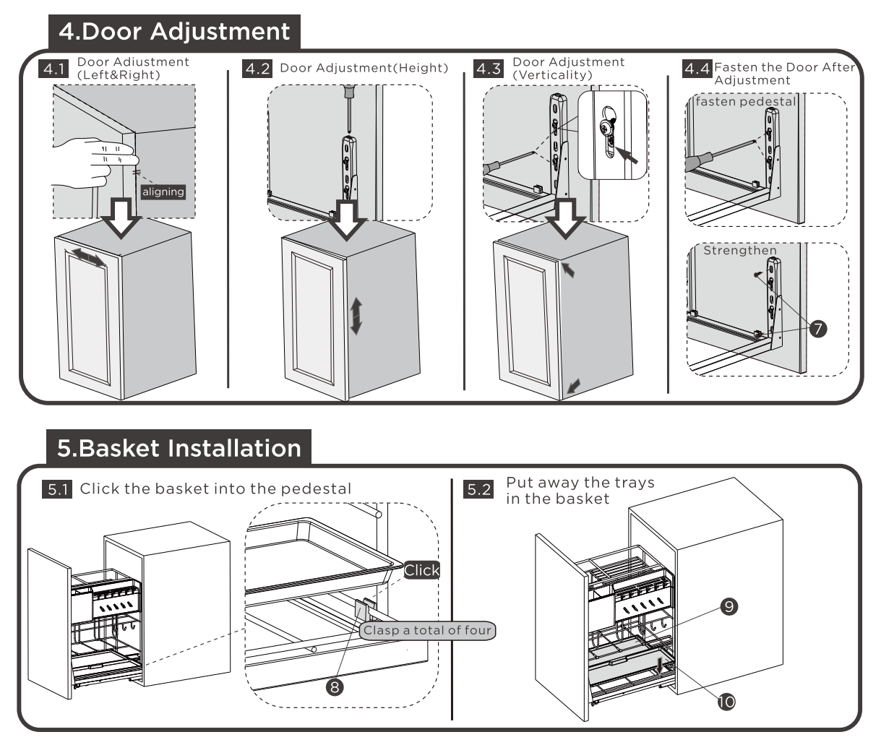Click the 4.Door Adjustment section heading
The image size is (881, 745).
pos(174,31)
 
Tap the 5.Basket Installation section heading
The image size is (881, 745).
pos(179,448)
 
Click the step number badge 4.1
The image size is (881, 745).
pos(54,69)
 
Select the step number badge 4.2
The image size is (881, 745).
pos(257,69)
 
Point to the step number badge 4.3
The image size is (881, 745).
pos(487,69)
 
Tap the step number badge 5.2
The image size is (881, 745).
pos(479,490)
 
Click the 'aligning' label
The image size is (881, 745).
pos(163,191)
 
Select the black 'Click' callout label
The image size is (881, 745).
pos(421,570)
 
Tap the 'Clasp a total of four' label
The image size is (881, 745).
pos(427,630)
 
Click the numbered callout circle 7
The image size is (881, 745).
pos(817,329)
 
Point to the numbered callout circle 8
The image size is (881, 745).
pos(335,686)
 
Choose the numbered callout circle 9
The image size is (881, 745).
pos(729,607)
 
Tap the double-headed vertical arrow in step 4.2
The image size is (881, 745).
pos(356,316)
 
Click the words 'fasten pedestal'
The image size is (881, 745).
pos(745,102)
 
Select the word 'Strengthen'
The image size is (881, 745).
pos(740,251)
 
